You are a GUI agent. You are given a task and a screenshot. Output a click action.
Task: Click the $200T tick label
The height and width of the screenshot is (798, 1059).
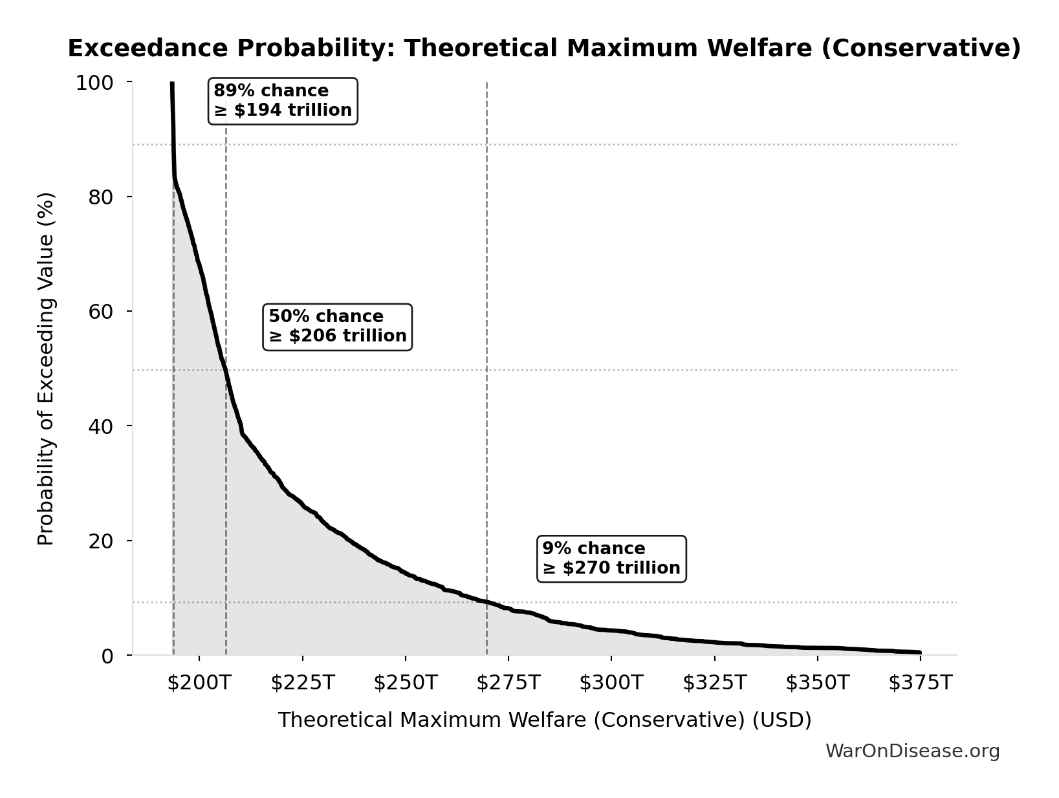pos(199,683)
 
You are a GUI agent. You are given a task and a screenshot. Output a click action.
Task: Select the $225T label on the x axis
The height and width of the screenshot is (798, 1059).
pos(302,683)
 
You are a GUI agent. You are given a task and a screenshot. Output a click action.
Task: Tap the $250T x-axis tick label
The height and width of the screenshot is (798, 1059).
pos(405,683)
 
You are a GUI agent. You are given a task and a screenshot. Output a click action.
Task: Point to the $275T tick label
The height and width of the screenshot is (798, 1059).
pos(508,683)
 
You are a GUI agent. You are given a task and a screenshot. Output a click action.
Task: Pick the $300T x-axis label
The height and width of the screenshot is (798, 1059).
pos(611,683)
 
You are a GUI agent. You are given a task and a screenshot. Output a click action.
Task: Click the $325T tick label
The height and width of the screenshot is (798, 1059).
pos(714,683)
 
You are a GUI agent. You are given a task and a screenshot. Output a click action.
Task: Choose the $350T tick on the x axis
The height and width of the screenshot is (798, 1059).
pos(817,683)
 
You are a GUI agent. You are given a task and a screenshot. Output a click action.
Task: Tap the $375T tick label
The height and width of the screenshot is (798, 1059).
pos(920,683)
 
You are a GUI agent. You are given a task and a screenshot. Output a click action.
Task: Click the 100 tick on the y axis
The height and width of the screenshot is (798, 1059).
pos(94,83)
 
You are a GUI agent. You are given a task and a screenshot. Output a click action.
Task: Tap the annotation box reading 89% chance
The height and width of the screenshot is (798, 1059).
pos(283,101)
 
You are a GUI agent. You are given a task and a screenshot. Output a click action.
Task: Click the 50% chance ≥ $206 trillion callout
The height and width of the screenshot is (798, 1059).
pos(337,327)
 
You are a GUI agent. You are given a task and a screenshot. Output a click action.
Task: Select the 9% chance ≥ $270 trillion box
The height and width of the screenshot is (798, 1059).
pos(611,559)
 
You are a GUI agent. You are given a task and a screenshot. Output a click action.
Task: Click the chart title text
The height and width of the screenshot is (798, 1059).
pos(544,49)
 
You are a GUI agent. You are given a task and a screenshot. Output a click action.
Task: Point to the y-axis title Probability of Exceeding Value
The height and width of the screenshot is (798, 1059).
pos(46,369)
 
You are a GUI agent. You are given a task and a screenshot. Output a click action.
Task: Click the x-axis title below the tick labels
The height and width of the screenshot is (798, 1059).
pos(544,720)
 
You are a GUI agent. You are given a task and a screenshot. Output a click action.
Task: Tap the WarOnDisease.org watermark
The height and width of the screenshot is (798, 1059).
pos(912,751)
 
